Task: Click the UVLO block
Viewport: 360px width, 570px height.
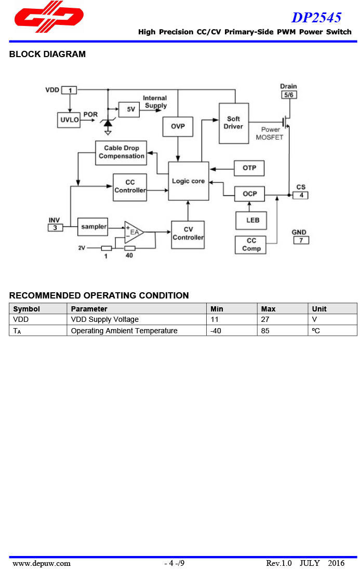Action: pos(69,120)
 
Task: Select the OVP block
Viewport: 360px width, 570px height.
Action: pos(178,127)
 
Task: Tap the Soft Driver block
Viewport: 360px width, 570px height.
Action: pos(233,123)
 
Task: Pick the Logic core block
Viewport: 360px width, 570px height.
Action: pos(188,181)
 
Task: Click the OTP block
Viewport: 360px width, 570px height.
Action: pos(249,168)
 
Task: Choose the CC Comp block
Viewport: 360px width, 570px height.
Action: pos(251,245)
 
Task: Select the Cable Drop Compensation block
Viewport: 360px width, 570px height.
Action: pos(121,153)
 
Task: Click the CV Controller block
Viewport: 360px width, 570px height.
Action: pos(188,234)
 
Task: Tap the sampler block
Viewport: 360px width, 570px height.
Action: pos(93,226)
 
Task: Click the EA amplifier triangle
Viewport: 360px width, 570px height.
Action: pos(133,232)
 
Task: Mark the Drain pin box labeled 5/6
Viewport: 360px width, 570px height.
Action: pos(288,95)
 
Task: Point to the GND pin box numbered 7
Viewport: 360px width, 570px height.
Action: pos(300,240)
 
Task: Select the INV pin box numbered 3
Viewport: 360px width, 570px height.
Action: pos(55,227)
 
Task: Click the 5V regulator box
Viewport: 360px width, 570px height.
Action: pos(130,109)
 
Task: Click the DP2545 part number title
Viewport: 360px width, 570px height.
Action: pos(316,17)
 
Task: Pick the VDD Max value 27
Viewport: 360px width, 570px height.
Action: pos(265,320)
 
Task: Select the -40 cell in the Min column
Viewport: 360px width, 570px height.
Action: pos(216,331)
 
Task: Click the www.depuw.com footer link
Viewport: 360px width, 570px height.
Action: pos(42,563)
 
